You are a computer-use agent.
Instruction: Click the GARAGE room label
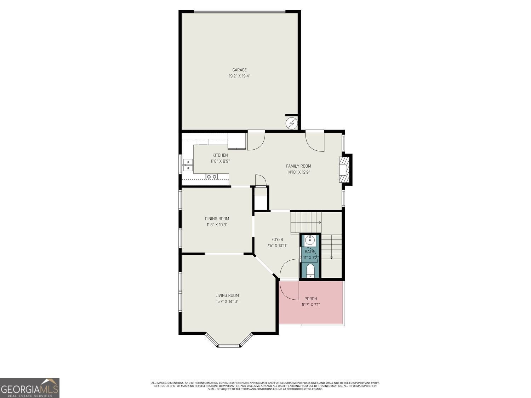pos(239,70)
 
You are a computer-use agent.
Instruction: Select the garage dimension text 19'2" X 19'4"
pos(239,76)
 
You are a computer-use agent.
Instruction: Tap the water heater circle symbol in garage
pos(292,123)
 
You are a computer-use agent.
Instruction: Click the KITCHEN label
pos(220,155)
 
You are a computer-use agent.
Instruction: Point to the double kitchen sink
pos(188,165)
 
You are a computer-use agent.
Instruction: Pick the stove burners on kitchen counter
pos(212,177)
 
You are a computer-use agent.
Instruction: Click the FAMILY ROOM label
pos(298,166)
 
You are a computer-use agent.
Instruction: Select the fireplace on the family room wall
pos(344,169)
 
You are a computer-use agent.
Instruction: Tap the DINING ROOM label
pos(217,219)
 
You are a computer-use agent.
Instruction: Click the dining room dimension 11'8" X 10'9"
pos(217,225)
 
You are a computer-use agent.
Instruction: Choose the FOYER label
pos(277,240)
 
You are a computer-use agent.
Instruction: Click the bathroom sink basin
pos(310,241)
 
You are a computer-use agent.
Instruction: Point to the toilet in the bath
pos(310,271)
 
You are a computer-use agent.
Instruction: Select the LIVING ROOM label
pos(227,295)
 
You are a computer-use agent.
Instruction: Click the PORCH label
pos(310,299)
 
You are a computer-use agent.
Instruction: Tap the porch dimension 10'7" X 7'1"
pos(310,305)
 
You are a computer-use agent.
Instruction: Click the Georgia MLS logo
pos(30,388)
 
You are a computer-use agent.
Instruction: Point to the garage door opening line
pos(240,12)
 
